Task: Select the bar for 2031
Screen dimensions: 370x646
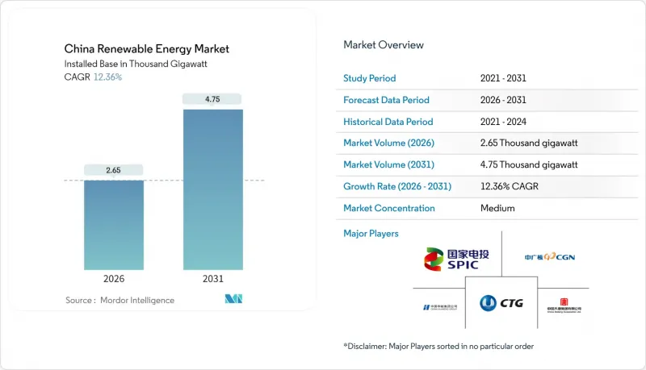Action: click(213, 189)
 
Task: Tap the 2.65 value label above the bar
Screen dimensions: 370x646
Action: click(114, 170)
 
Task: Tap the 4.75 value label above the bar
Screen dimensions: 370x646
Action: click(213, 99)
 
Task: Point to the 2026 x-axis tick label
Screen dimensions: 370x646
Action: click(114, 279)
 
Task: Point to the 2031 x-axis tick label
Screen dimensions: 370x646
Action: click(213, 279)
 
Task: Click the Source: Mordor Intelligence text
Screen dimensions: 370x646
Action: click(120, 300)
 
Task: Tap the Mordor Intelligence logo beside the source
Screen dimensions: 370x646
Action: click(234, 300)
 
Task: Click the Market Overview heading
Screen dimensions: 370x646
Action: click(383, 44)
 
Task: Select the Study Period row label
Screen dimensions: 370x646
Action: click(370, 78)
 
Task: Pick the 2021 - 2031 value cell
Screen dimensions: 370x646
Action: click(502, 78)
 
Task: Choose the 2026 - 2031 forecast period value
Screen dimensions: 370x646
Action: click(502, 100)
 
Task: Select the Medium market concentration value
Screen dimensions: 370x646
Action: click(497, 208)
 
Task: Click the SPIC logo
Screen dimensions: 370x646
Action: click(456, 259)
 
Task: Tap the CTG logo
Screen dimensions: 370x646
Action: click(501, 303)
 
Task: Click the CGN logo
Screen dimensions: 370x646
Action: click(549, 257)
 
